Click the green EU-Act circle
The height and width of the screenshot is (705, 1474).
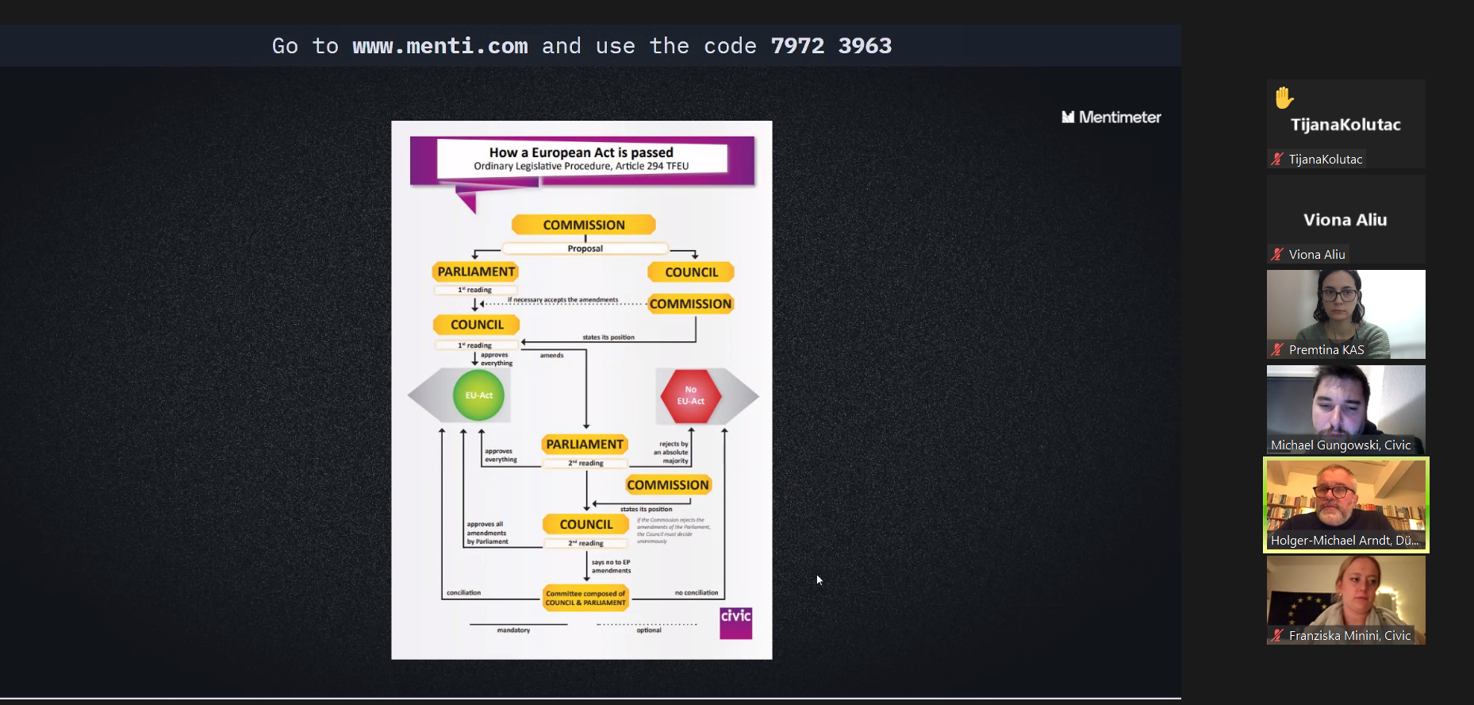pos(478,395)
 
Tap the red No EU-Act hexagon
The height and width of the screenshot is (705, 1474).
pos(690,395)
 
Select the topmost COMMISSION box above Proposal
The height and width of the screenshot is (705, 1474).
pos(584,225)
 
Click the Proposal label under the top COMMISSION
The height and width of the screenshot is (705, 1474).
pos(585,248)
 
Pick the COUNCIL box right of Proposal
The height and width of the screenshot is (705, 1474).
pos(691,272)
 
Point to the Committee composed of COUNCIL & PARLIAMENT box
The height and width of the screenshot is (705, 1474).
pos(585,598)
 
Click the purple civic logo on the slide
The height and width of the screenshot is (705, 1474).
pos(735,623)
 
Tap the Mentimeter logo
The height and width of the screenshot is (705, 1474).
pos(1111,118)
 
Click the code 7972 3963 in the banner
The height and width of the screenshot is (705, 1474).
pos(831,46)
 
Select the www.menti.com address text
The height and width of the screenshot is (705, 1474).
pos(440,46)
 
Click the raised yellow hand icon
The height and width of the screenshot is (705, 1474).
pos(1284,98)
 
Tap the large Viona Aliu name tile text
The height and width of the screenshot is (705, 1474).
pos(1345,220)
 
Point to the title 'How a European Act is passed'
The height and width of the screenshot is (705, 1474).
pos(581,152)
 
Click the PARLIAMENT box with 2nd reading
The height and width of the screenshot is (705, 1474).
pos(585,445)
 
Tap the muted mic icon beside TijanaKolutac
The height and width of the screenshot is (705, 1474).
pos(1277,159)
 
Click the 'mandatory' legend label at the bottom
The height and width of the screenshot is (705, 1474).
pos(513,630)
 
